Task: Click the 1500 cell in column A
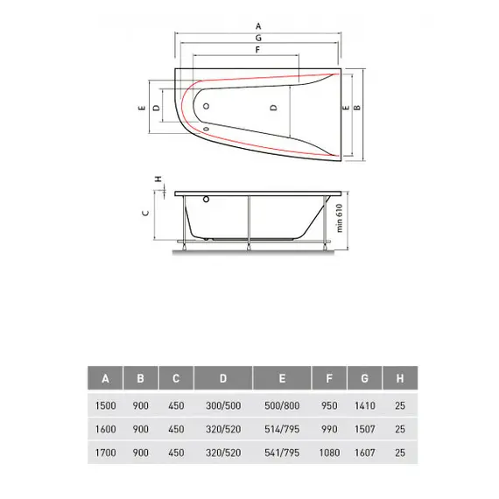105,405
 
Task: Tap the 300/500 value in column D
223,405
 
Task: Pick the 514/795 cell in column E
282,431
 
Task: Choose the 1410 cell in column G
365,405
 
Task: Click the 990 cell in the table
329,431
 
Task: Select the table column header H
399,379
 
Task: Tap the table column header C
176,379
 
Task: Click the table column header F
329,379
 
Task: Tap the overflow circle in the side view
207,199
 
